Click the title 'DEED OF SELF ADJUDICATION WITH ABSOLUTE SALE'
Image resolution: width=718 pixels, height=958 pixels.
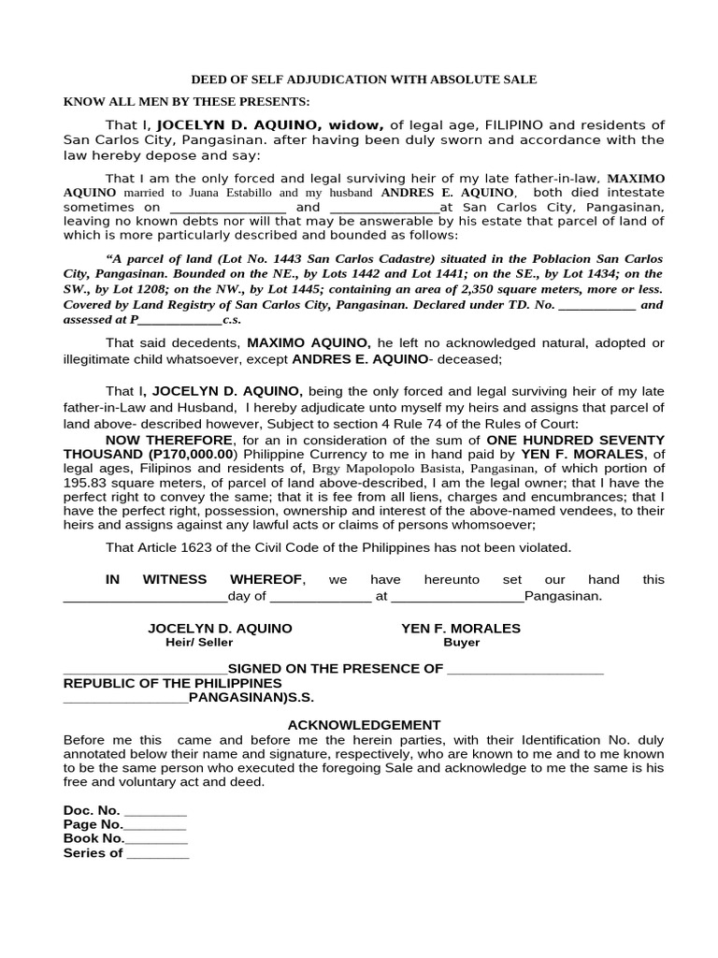(x=364, y=80)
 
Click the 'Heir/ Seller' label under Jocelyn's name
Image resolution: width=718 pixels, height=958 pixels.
(x=199, y=643)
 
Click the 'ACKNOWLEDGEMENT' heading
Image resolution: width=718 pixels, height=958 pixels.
(x=364, y=725)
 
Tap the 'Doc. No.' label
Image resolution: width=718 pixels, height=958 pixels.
(x=92, y=810)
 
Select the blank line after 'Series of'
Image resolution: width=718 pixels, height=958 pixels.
(x=157, y=853)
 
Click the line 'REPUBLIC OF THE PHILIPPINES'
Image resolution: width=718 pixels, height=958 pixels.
(x=172, y=683)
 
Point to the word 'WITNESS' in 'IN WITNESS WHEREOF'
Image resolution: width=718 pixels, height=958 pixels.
(x=172, y=579)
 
